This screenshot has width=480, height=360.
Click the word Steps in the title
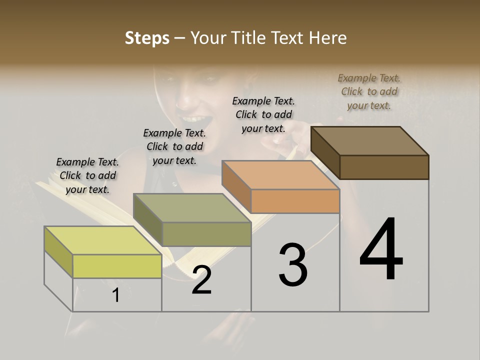[147, 38]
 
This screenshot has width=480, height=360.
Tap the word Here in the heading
[328, 38]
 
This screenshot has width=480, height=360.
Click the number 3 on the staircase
[293, 264]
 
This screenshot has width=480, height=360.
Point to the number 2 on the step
[201, 280]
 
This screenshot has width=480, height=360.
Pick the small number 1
[116, 295]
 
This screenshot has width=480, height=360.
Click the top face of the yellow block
[102, 240]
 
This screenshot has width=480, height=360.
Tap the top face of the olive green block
[191, 207]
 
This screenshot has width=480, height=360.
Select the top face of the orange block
[280, 175]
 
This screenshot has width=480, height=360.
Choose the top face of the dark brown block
[369, 140]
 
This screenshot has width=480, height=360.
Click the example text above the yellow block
[87, 175]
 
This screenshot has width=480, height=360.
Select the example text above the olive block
[174, 146]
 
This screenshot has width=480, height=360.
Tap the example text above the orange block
[263, 114]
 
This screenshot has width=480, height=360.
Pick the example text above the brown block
[369, 91]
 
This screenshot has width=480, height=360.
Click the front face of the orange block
[295, 201]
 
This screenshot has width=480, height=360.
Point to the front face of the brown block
[384, 167]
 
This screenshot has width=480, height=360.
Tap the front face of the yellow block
[117, 266]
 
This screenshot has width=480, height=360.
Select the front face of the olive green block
[206, 234]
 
